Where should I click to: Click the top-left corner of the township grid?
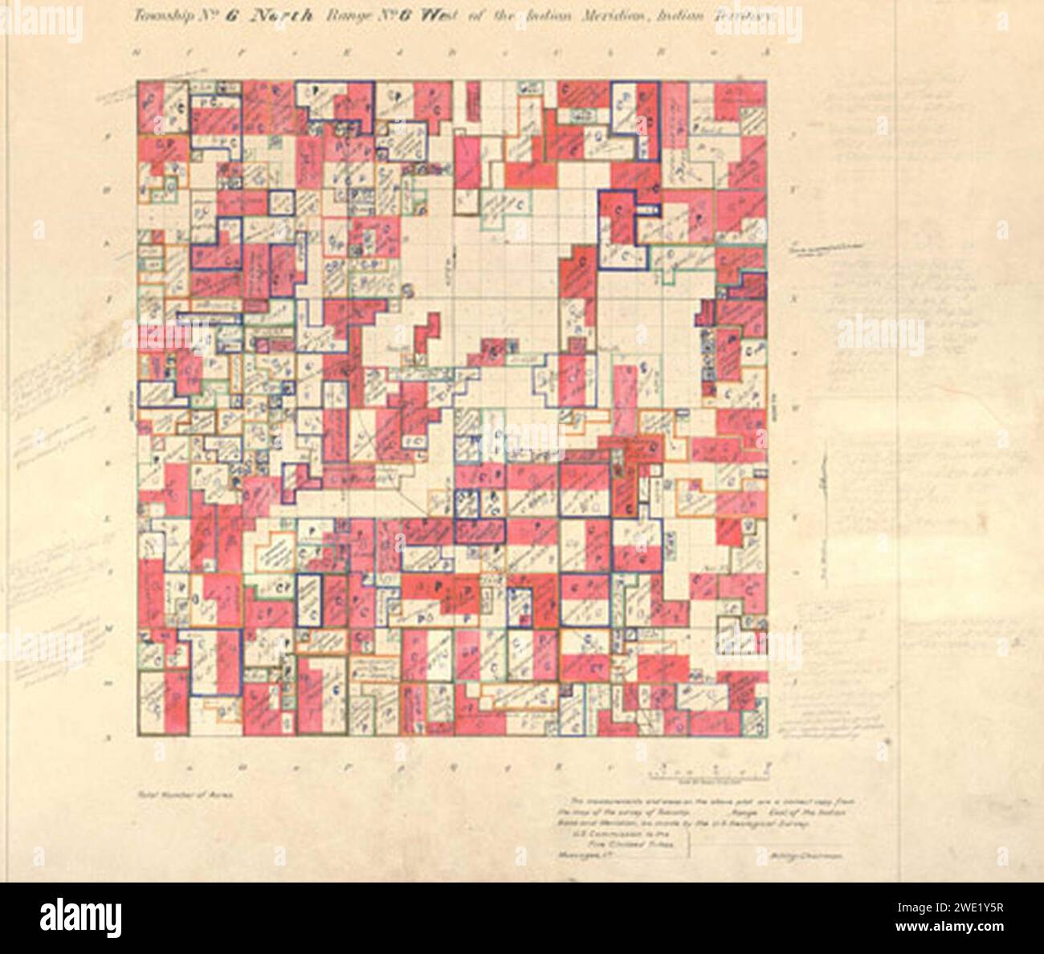(x=137, y=79)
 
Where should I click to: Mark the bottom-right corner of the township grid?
(x=768, y=737)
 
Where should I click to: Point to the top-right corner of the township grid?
(x=768, y=79)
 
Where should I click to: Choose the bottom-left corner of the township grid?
(x=137, y=737)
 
